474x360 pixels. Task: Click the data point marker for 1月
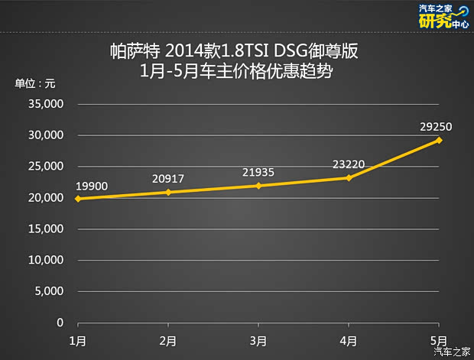(x=79, y=199)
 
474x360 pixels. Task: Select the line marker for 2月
(x=169, y=192)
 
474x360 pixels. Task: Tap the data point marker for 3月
(x=258, y=186)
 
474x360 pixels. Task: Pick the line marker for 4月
(x=349, y=177)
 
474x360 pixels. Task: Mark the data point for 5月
(x=439, y=140)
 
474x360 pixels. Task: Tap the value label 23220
(x=348, y=163)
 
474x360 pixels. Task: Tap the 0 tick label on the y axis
(x=60, y=323)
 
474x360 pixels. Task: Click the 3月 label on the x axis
(x=258, y=339)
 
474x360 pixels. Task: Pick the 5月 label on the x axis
(x=438, y=339)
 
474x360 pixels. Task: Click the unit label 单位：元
(x=34, y=83)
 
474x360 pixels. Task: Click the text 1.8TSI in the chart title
(x=244, y=54)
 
